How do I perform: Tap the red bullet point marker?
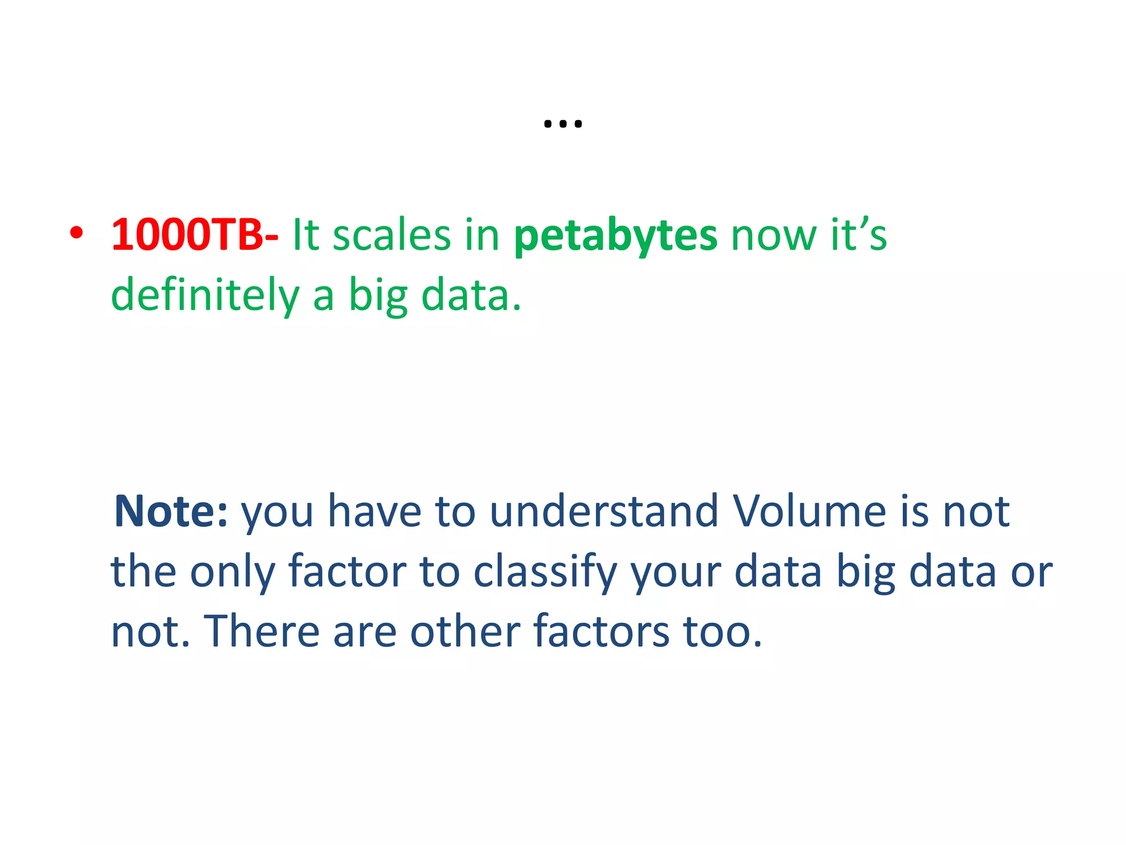tap(76, 233)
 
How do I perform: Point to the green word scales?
tap(391, 235)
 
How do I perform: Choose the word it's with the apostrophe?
tap(858, 235)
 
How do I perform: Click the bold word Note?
tap(170, 512)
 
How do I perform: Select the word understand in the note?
tap(604, 512)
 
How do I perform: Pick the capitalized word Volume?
tap(809, 512)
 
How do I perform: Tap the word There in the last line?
tap(262, 632)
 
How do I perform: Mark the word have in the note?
tap(375, 512)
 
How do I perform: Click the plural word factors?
tap(601, 632)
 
